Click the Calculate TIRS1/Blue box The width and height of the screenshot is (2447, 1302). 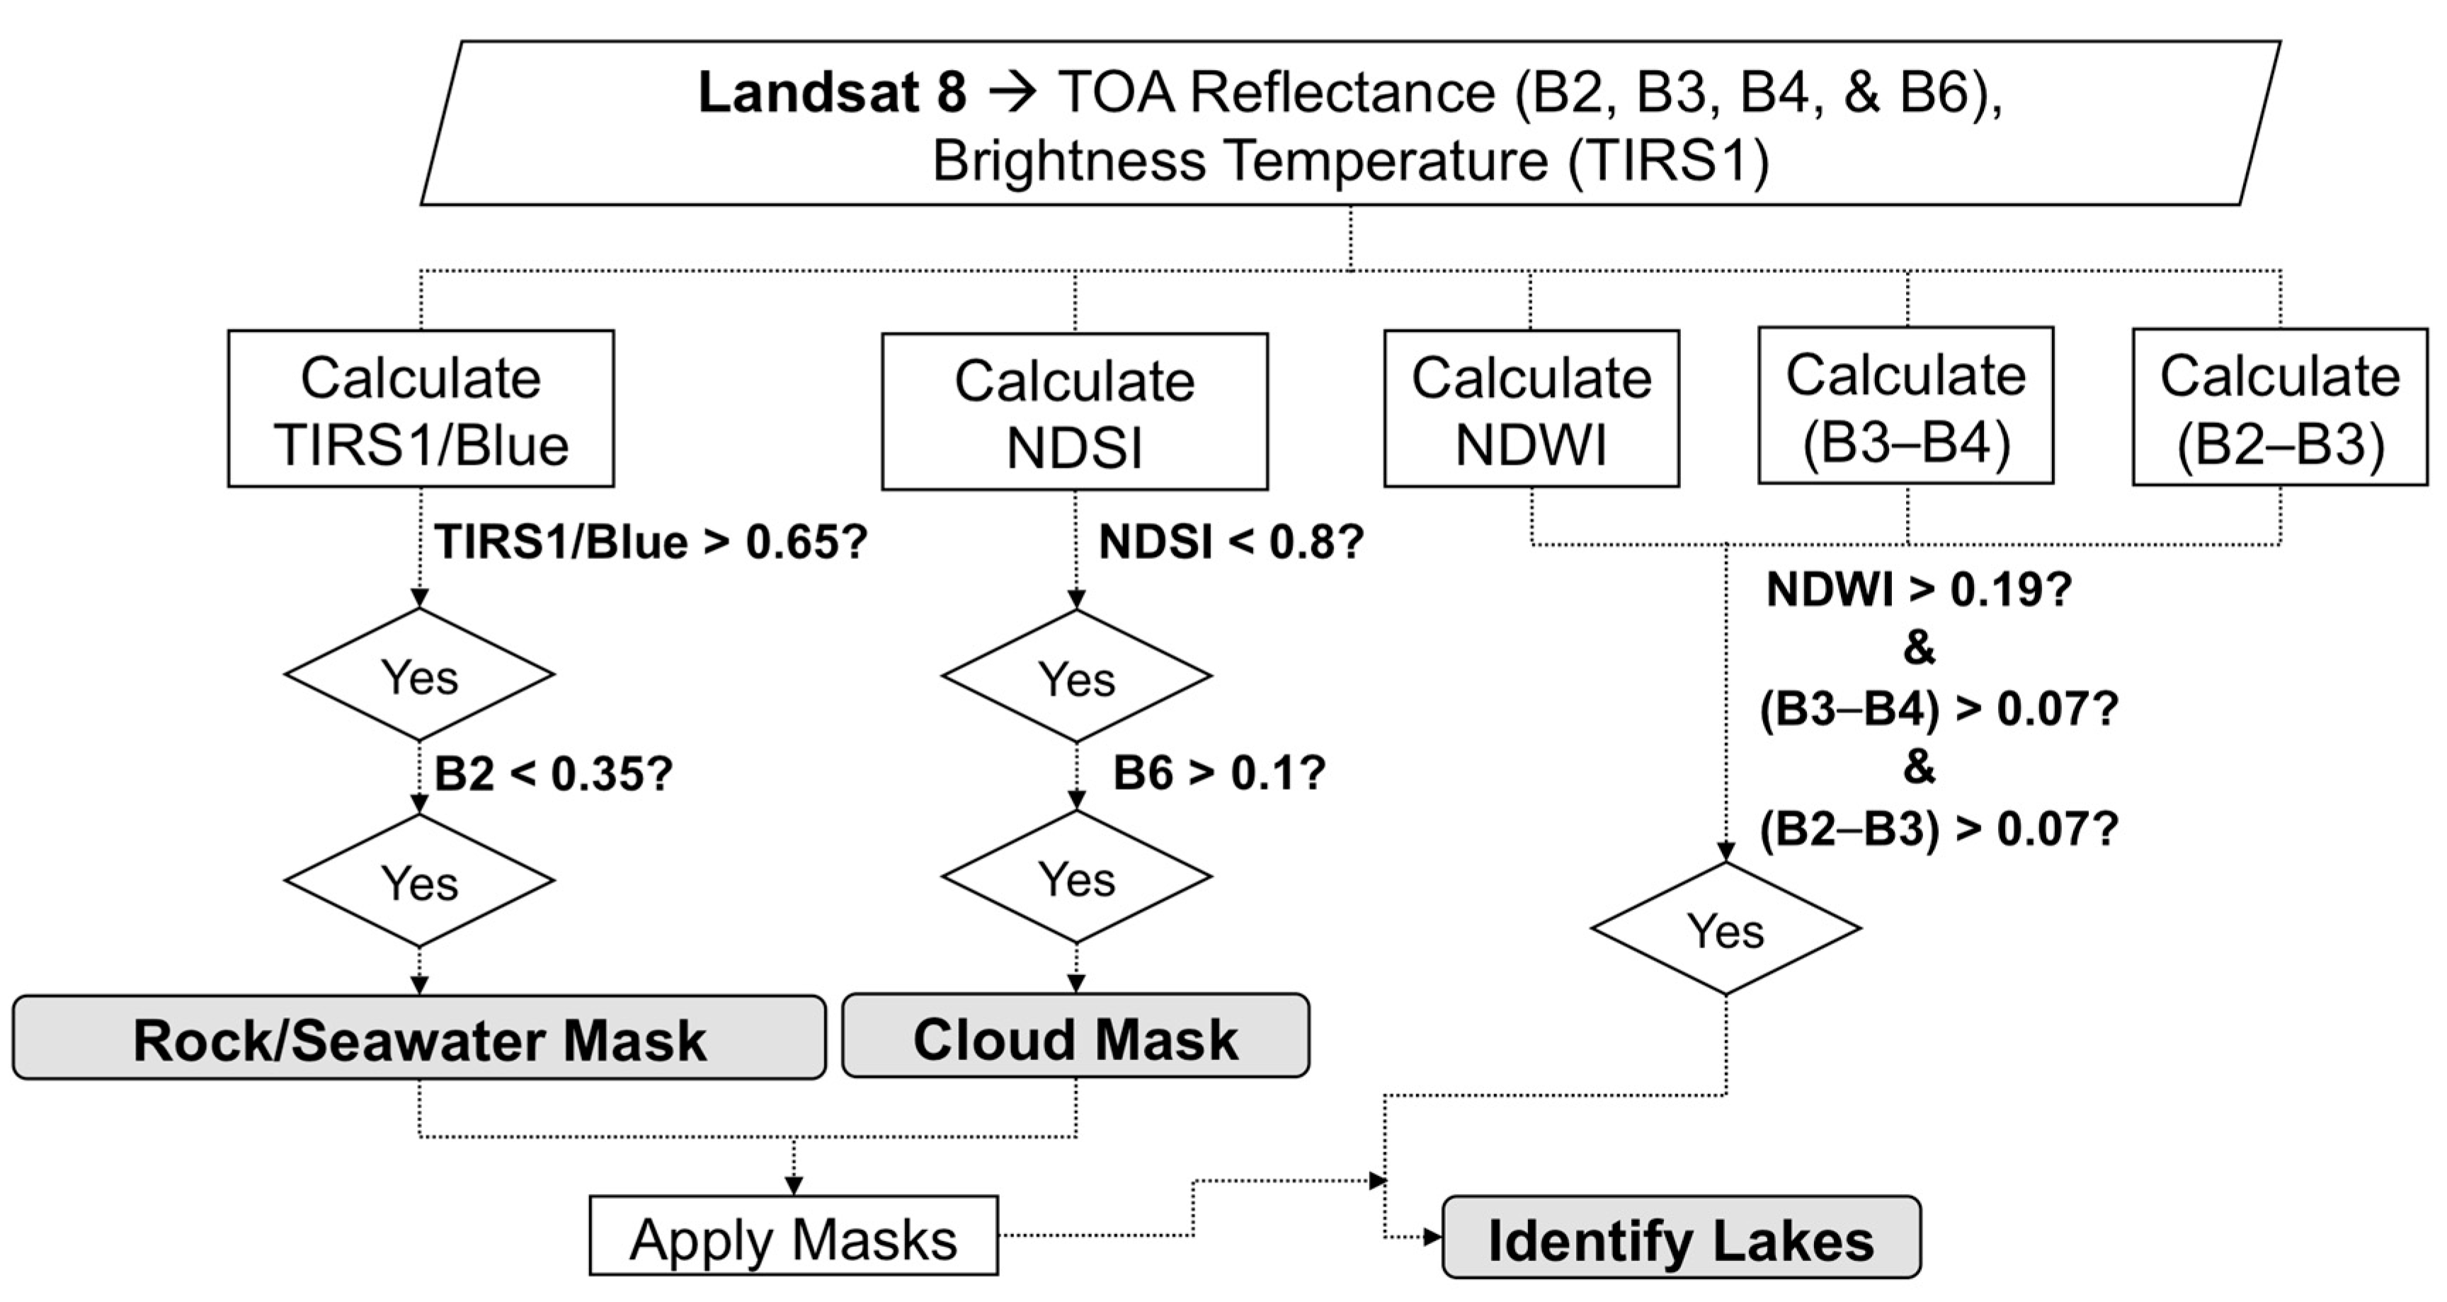420,408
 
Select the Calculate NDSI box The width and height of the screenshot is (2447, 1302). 1074,411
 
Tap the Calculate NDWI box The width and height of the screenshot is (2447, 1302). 1531,408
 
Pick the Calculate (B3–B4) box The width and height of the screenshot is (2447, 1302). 1905,405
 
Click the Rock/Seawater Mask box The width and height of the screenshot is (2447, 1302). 419,1038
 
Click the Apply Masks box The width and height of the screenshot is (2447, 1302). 793,1235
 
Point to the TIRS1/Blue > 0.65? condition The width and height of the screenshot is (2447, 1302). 651,542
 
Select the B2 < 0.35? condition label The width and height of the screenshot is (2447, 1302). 553,774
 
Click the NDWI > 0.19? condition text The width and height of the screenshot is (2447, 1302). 1919,589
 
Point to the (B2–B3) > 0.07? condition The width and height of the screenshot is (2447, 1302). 1938,829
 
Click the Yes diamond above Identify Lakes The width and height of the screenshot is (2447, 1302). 1725,930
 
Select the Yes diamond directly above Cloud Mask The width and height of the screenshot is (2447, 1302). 1076,877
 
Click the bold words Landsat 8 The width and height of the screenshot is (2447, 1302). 832,93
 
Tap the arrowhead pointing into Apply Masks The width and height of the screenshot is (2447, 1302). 793,1185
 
